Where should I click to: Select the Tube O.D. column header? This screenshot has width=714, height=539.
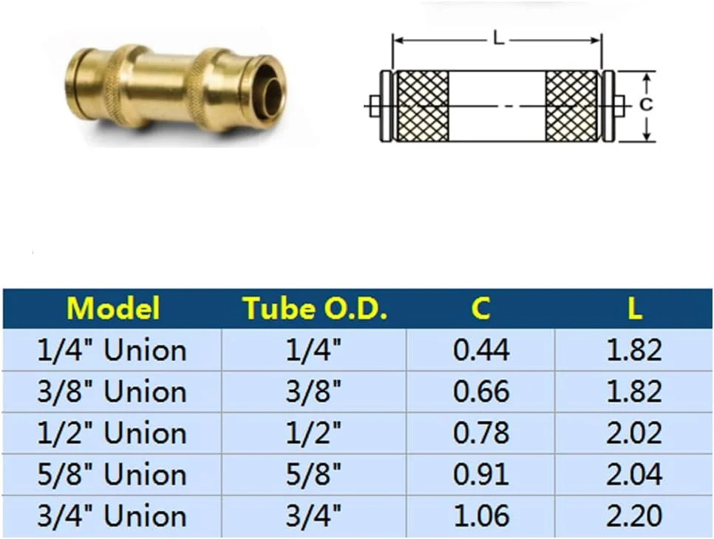[315, 308]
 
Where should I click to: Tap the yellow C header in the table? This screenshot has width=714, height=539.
[480, 308]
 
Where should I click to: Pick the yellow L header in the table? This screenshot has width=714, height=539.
[634, 308]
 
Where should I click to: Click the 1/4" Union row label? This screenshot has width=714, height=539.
[112, 349]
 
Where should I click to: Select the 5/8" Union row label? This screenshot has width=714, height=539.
[112, 475]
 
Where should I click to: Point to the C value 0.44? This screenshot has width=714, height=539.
[480, 349]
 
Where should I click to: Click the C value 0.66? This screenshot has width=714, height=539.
[480, 391]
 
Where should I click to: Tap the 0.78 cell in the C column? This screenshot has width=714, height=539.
[480, 433]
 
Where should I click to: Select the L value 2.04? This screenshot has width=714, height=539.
[634, 475]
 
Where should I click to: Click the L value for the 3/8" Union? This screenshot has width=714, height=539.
[634, 391]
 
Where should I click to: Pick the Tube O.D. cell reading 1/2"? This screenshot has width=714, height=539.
[315, 433]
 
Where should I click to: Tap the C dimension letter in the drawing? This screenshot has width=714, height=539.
[646, 105]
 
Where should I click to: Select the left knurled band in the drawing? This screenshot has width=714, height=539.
[422, 106]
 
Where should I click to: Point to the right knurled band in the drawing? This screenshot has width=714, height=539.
[571, 106]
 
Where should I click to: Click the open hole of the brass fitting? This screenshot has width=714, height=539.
[273, 95]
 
